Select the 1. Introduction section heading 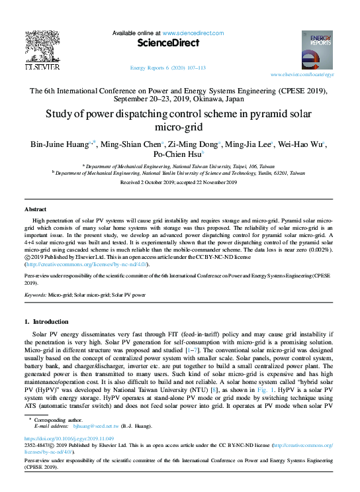click(x=50, y=322)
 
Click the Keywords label click(x=38, y=293)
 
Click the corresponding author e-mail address click(x=86, y=427)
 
